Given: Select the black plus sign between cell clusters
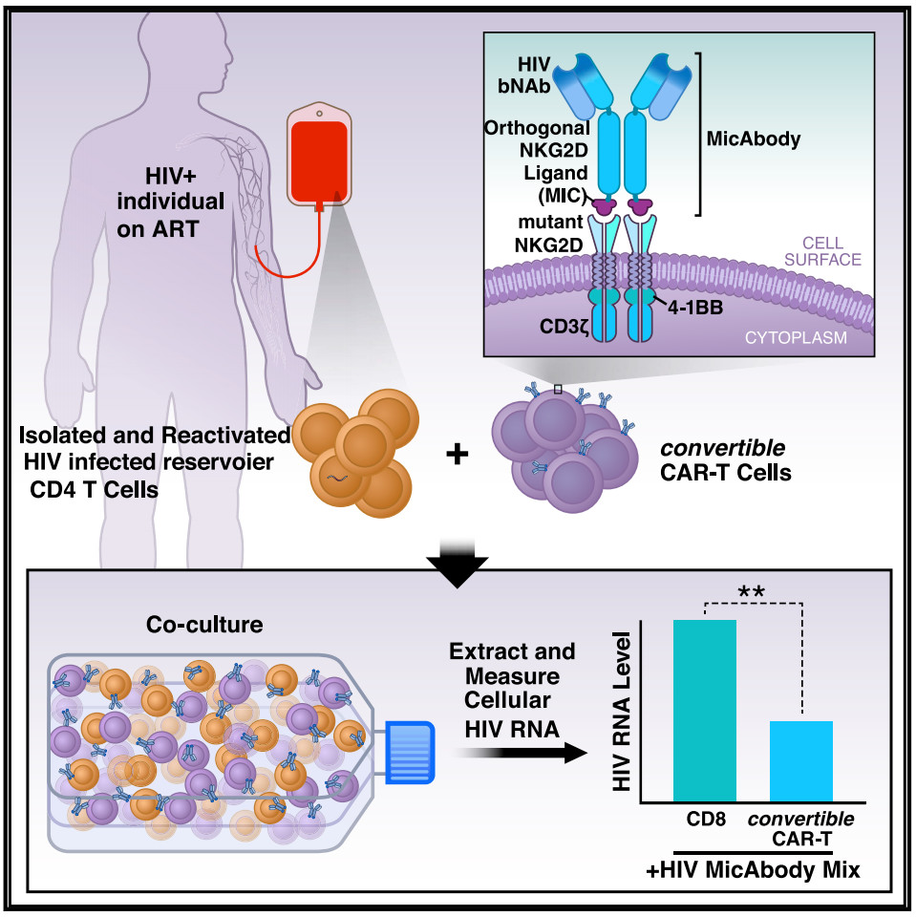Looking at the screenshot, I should pyautogui.click(x=458, y=455).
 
